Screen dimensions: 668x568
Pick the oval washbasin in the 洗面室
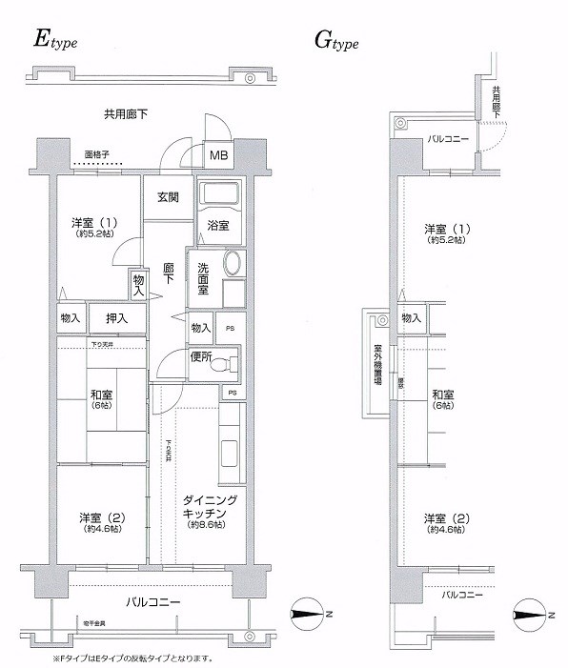[232, 263]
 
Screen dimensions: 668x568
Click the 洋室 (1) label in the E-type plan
[93, 228]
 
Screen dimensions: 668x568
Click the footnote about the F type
[132, 658]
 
